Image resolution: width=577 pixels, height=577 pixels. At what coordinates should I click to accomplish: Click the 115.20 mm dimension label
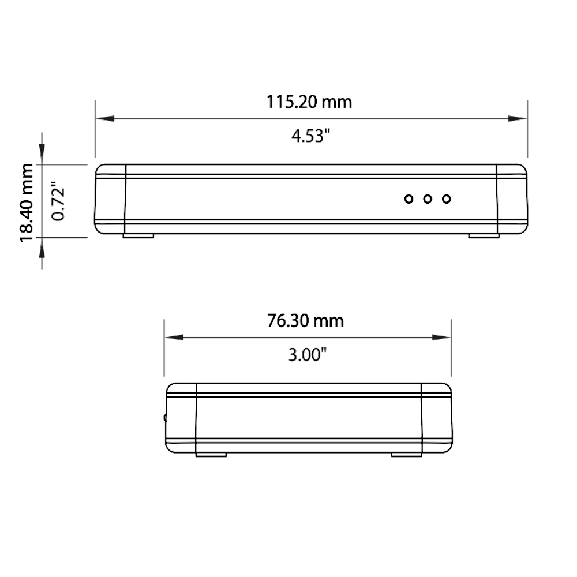[309, 102]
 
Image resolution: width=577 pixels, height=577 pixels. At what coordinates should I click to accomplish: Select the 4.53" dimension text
[310, 136]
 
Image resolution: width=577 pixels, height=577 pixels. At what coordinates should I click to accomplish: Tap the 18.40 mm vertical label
[27, 203]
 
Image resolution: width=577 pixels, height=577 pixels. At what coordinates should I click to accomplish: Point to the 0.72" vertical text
[58, 201]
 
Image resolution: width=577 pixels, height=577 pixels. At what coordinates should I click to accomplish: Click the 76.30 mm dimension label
[305, 320]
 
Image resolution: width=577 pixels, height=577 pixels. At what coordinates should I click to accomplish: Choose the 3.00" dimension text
[308, 355]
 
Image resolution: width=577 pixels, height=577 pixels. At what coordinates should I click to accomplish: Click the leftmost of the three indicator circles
[409, 199]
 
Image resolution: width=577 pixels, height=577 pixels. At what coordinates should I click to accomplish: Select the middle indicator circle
[427, 199]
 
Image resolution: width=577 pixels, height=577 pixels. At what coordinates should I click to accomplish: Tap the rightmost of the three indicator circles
[447, 199]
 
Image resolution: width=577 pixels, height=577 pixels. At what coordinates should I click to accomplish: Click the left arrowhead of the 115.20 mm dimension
[105, 118]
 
